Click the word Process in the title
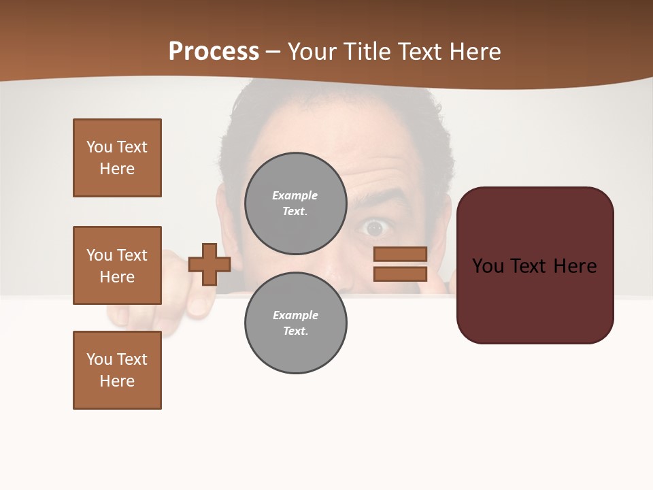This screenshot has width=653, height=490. click(x=214, y=52)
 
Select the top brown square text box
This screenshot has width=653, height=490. click(x=117, y=158)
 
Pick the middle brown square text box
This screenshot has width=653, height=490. click(x=117, y=265)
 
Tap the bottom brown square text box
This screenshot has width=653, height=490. click(x=117, y=370)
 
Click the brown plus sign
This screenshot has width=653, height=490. click(x=210, y=264)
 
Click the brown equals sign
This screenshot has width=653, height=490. click(x=400, y=264)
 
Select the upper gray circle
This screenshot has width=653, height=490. click(x=296, y=203)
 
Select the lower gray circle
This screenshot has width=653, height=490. click(x=296, y=323)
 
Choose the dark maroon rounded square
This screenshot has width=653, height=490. click(x=535, y=265)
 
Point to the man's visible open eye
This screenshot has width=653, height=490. click(x=374, y=228)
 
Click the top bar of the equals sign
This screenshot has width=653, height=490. click(x=400, y=254)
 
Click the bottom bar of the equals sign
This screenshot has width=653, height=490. click(x=400, y=274)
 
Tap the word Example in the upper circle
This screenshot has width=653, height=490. click(x=295, y=195)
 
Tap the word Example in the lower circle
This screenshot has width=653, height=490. click(x=295, y=315)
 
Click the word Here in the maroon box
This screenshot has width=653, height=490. click(x=575, y=266)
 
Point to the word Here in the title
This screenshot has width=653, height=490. click(x=477, y=52)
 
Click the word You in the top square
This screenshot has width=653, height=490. click(x=99, y=147)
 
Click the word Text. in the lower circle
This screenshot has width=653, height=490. click(x=295, y=331)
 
